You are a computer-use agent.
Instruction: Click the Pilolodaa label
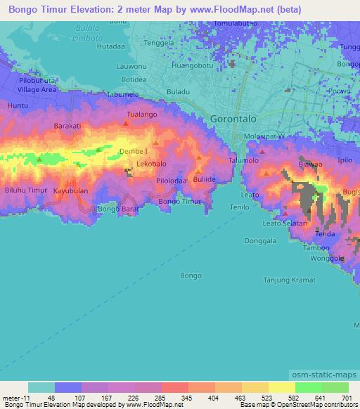click(x=172, y=181)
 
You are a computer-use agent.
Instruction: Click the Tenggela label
click(x=158, y=42)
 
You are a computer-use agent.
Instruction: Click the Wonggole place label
click(x=327, y=258)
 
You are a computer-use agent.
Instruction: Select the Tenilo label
click(x=241, y=207)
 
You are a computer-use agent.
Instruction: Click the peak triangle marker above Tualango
click(x=126, y=123)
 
